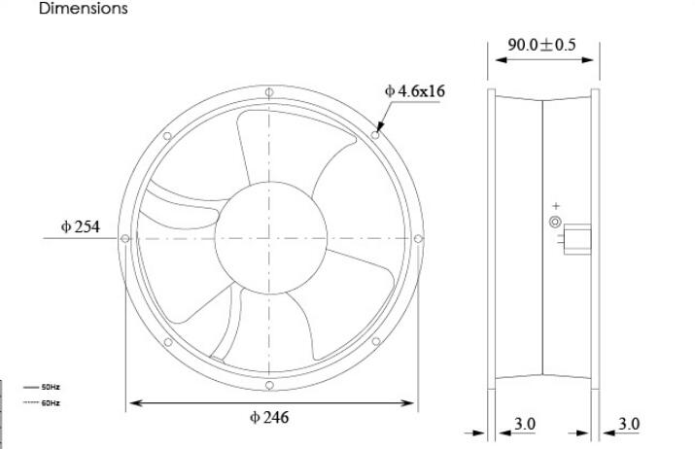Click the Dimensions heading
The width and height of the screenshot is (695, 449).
[x=84, y=8]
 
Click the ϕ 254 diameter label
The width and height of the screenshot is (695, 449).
[x=81, y=226]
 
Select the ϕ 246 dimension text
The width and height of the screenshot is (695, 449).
[x=269, y=417]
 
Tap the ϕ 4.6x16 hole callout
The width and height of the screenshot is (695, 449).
[x=415, y=90]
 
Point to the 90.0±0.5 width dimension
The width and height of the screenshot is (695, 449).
[x=541, y=45]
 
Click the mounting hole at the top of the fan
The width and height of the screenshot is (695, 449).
[x=269, y=92]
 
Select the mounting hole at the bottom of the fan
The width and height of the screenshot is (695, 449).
[x=269, y=385]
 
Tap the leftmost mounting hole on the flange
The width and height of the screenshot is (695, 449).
[x=125, y=239]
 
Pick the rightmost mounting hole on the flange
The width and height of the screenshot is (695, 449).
[x=418, y=239]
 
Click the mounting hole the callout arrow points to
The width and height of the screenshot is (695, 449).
[x=375, y=135]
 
